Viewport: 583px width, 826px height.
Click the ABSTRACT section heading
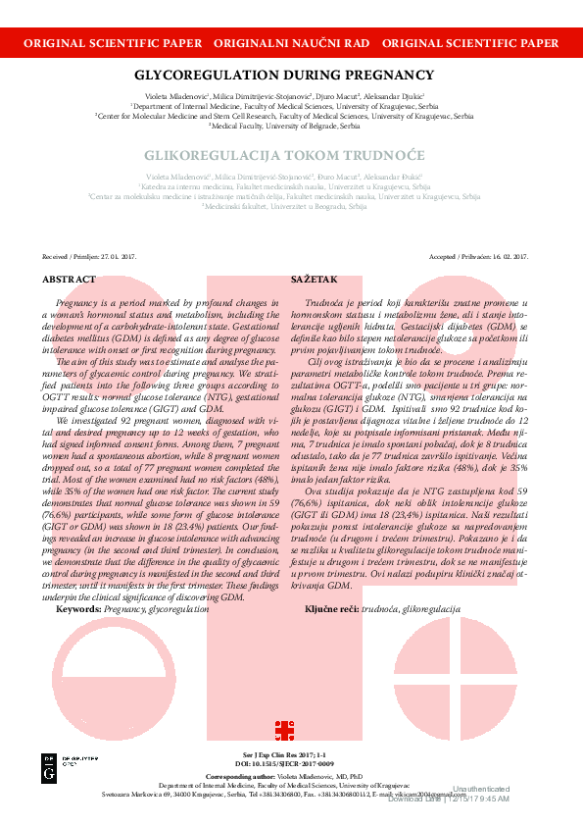coord(70,280)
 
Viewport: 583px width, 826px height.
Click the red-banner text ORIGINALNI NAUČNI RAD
coord(291,44)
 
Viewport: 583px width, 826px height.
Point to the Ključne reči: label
coord(331,609)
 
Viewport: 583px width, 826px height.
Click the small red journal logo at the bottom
coord(284,730)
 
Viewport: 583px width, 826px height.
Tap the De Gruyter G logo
coord(49,770)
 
